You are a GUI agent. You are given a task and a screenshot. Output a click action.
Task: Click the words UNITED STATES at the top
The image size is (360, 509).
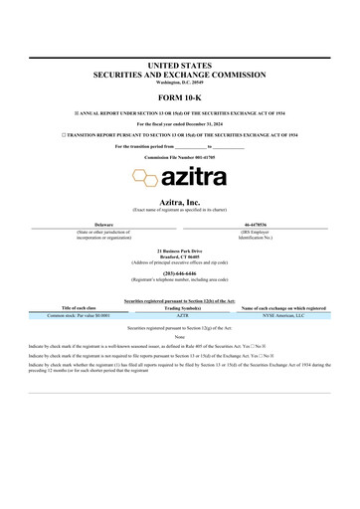click(x=180, y=64)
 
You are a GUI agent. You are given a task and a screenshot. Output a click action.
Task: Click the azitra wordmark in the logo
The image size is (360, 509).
click(x=195, y=179)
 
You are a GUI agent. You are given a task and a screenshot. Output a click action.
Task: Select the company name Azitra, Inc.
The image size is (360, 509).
click(x=180, y=202)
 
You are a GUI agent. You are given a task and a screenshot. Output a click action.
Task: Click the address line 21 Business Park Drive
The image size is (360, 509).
click(x=180, y=249)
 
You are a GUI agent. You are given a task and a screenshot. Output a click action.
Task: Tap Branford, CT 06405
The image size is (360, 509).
click(x=180, y=254)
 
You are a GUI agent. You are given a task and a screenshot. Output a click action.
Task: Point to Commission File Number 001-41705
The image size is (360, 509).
click(x=180, y=158)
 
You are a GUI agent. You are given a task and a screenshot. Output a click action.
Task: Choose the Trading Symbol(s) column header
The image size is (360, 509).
click(x=181, y=308)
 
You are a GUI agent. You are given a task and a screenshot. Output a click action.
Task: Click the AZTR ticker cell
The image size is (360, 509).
click(x=181, y=315)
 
